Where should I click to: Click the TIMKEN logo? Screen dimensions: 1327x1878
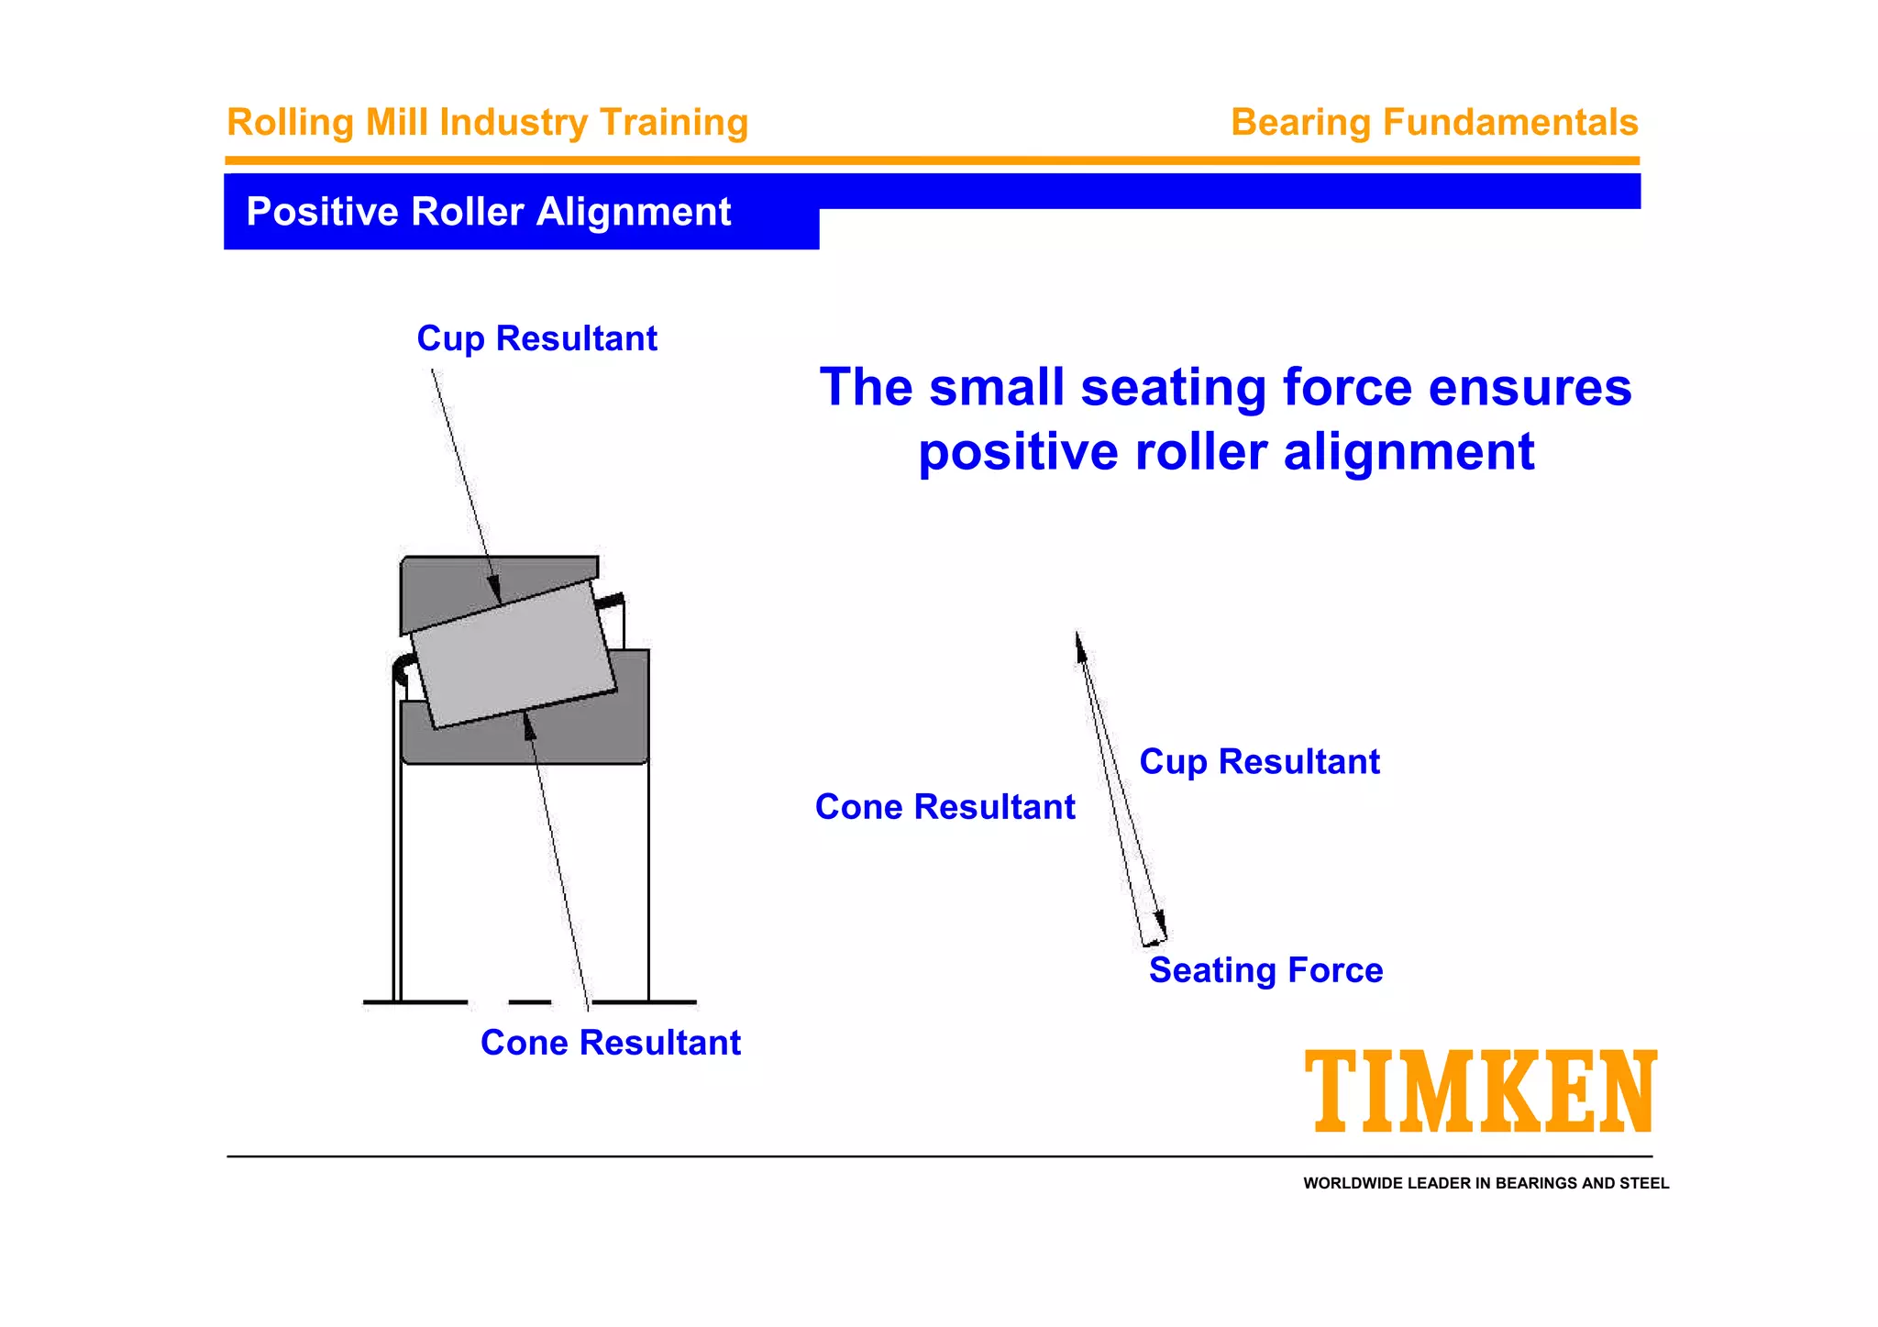(1480, 1091)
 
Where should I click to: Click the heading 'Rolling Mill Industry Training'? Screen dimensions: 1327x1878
(487, 122)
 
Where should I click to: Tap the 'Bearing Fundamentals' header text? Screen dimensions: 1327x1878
(1433, 122)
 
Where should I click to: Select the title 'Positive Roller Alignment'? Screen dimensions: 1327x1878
(488, 212)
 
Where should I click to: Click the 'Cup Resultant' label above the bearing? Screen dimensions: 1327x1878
(536, 338)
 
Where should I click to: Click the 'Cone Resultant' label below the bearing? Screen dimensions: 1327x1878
(610, 1043)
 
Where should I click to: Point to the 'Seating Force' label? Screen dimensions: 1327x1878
(1265, 970)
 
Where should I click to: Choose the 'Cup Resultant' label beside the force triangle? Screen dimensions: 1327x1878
(1258, 762)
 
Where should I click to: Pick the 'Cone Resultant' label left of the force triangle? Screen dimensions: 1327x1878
(945, 807)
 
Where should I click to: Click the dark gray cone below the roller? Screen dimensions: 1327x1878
(587, 734)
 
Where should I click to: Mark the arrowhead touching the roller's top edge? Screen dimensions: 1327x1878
(495, 591)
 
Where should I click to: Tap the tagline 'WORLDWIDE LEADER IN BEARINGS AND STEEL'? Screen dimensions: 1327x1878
(1486, 1183)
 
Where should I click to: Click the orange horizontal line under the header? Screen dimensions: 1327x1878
(932, 160)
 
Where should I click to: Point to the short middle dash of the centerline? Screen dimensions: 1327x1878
(529, 1002)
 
